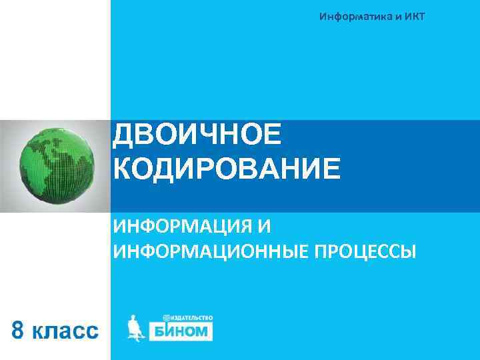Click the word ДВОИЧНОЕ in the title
(197, 135)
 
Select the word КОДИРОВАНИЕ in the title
(227, 169)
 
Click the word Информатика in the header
(355, 15)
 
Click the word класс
(66, 331)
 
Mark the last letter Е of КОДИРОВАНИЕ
(330, 169)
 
